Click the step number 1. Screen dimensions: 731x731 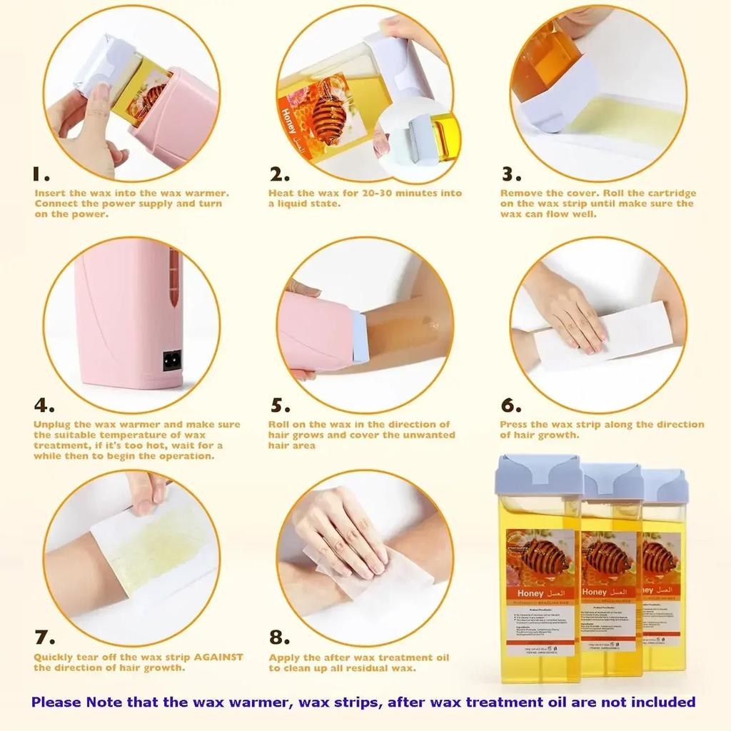pyautogui.click(x=41, y=174)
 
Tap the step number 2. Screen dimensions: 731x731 pyautogui.click(x=279, y=175)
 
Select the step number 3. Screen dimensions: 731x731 pyautogui.click(x=510, y=175)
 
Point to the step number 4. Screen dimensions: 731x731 pyautogui.click(x=44, y=405)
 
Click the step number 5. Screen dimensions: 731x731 pyautogui.click(x=280, y=405)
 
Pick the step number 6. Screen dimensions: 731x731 pyautogui.click(x=511, y=405)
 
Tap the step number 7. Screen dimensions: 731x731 pyautogui.click(x=44, y=637)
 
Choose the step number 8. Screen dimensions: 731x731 pyautogui.click(x=280, y=637)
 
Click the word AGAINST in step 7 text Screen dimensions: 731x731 pyautogui.click(x=215, y=657)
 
